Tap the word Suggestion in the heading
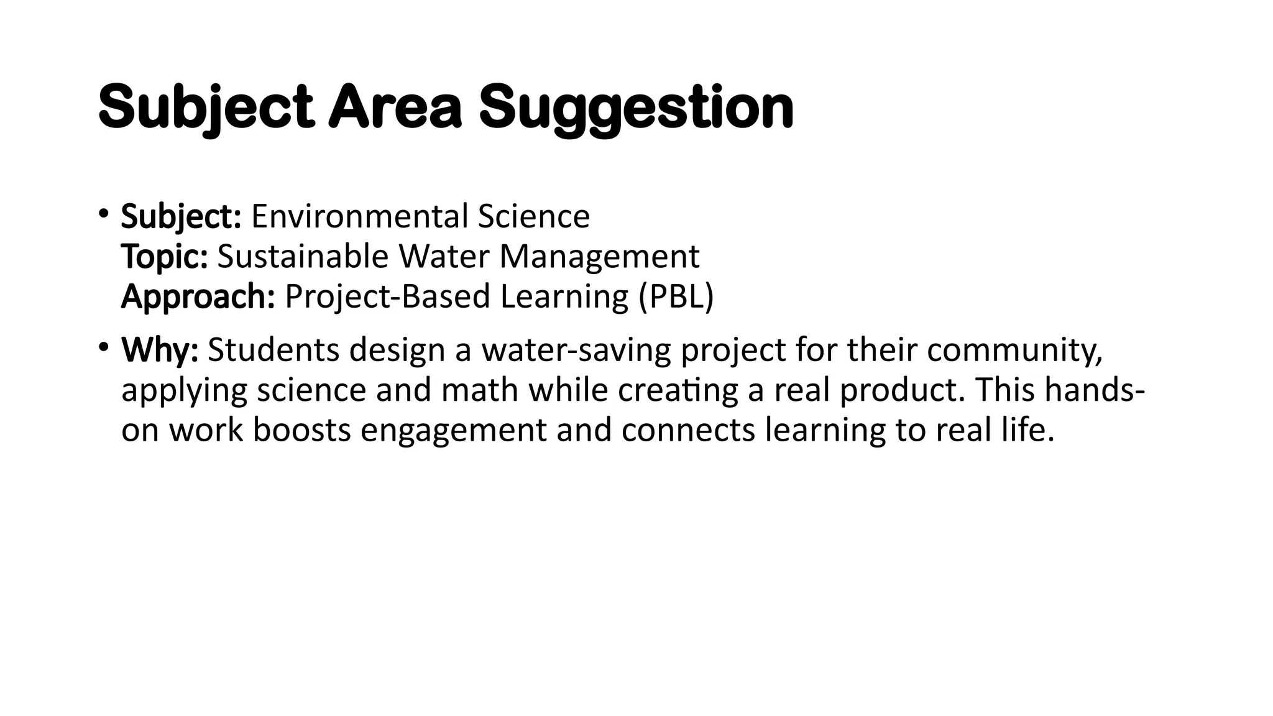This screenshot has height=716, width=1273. (636, 109)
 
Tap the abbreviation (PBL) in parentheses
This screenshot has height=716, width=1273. (676, 296)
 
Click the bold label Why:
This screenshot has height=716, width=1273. (160, 350)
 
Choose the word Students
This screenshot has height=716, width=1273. (273, 350)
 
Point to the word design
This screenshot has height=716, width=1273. (397, 351)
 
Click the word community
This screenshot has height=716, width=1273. (1014, 350)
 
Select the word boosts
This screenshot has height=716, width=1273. (302, 429)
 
